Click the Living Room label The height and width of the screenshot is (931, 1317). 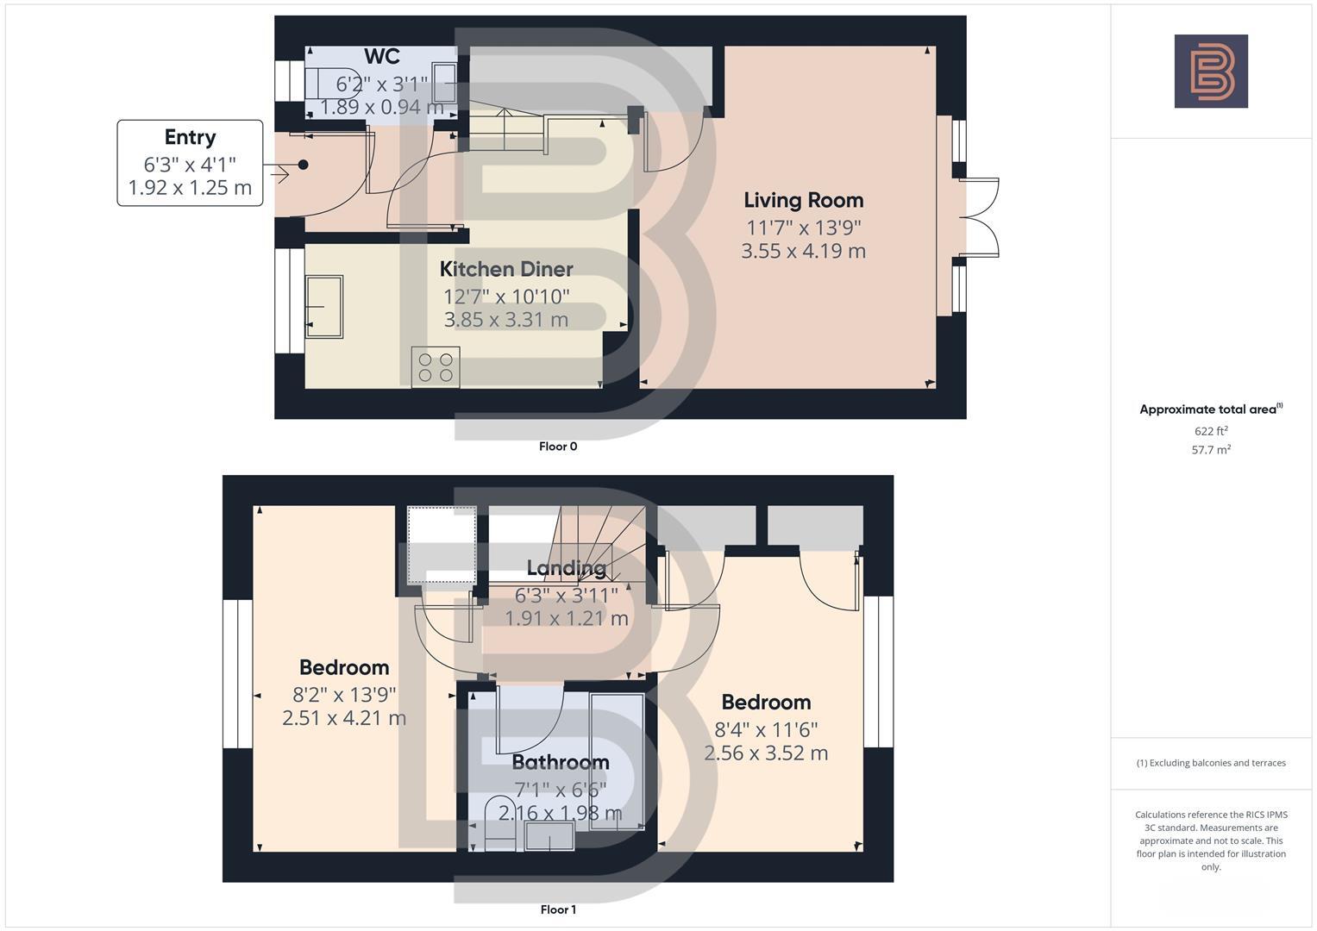point(804,200)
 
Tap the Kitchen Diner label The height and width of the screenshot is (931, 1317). point(506,269)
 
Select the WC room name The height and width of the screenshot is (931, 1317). point(382,57)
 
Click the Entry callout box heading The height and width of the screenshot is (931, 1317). point(190,137)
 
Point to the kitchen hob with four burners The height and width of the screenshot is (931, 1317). point(436,366)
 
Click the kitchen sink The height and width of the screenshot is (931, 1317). point(324,306)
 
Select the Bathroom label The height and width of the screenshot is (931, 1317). point(561,762)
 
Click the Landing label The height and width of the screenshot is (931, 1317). point(567,568)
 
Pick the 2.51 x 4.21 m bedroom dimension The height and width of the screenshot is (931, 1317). point(344,718)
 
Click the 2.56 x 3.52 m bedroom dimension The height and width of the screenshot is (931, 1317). point(766,753)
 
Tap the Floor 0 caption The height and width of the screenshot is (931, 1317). point(558,447)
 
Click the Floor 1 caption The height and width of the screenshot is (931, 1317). point(558,909)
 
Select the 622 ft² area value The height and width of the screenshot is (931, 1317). point(1211,431)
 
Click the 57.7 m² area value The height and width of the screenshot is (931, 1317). point(1211,449)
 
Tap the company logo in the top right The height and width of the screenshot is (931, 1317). point(1211,72)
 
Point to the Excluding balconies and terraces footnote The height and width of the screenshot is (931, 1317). point(1211,763)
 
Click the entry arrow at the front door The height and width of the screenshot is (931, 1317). point(279,174)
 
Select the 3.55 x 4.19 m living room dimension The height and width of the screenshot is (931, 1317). point(804,251)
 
